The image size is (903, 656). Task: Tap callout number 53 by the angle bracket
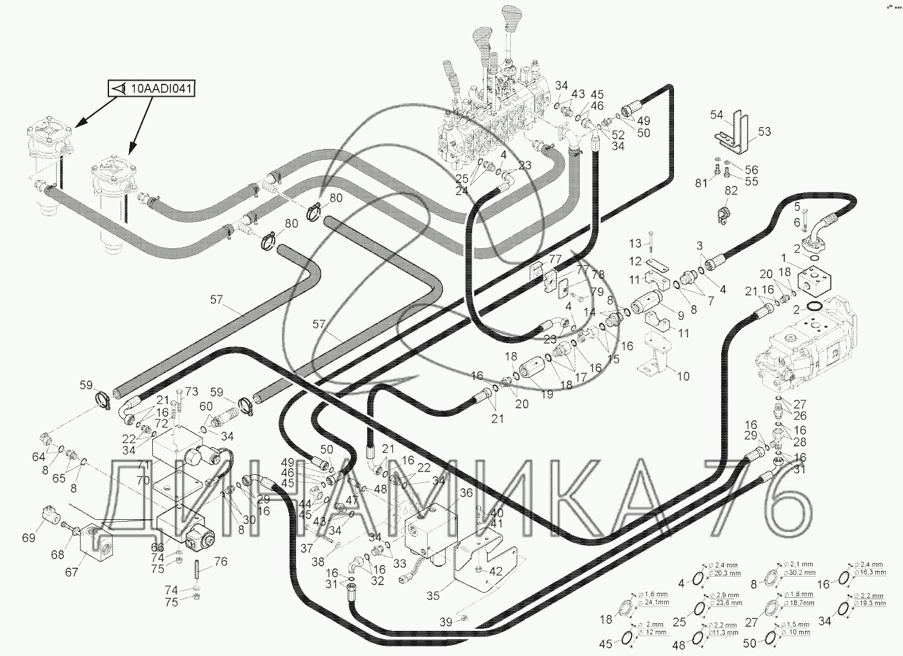(x=764, y=132)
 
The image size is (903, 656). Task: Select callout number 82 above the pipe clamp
(x=730, y=191)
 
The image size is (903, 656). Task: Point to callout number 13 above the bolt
(x=635, y=243)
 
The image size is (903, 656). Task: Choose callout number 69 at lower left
(x=28, y=537)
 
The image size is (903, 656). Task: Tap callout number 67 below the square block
(x=72, y=572)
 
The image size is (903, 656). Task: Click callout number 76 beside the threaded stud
(x=221, y=562)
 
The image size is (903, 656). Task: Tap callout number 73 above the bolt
(x=192, y=392)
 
